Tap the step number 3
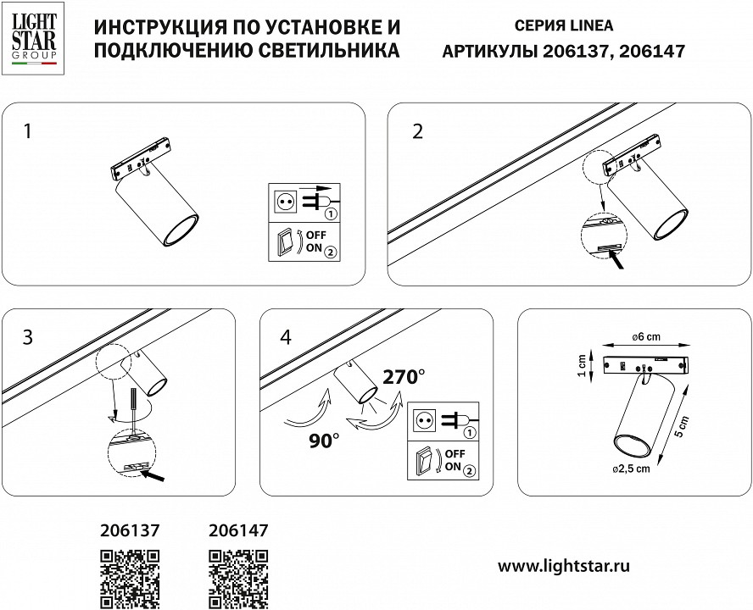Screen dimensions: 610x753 click(28, 337)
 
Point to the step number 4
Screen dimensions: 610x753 click(285, 337)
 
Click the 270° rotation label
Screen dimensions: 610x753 click(404, 377)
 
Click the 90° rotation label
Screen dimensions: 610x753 click(323, 440)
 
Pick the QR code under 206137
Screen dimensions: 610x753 click(130, 578)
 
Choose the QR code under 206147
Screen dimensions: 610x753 click(237, 578)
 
